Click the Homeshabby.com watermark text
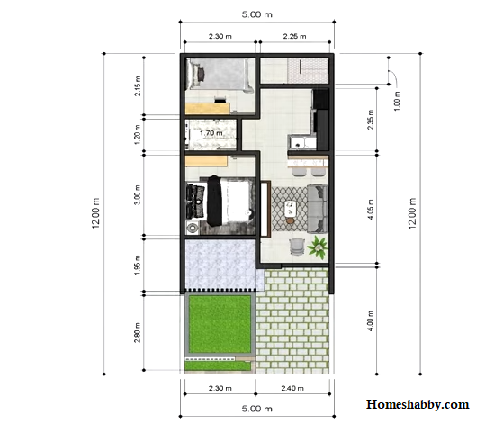pos(418,404)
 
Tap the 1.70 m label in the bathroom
pos(211,133)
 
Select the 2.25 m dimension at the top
pos(294,36)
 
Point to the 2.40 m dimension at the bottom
pos(292,388)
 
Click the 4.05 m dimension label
pos(371,210)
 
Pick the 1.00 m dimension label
pos(397,101)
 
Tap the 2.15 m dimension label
pos(138,86)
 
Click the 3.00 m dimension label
pos(138,195)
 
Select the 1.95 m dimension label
pos(138,265)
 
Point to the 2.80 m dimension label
pos(138,332)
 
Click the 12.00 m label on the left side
pos(96,213)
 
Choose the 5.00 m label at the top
pos(257,14)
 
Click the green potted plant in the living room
pos(318,247)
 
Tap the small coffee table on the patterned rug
pos(291,209)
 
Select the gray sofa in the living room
pos(318,209)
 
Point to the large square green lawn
pos(220,324)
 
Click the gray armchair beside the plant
pos(296,247)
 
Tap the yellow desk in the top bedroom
pos(208,109)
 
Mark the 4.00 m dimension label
pos(370,321)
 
